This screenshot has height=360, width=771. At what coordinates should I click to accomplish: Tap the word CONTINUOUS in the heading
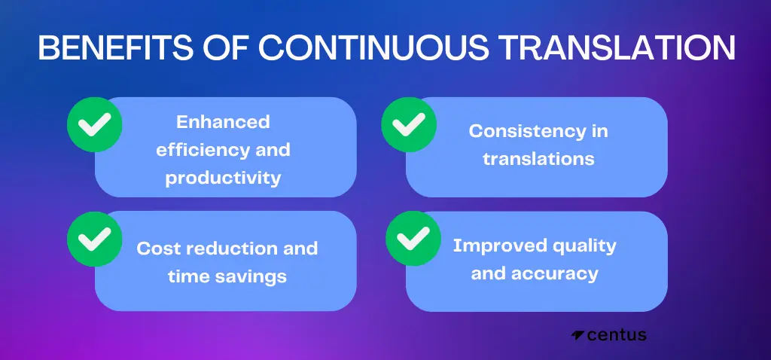point(374,47)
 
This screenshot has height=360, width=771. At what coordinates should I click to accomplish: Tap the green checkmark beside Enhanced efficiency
point(94,124)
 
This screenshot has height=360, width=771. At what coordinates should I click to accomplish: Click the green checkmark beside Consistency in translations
point(409,124)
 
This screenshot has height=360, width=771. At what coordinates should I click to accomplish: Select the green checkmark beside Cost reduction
point(94,239)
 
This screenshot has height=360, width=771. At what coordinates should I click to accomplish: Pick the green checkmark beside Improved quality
point(413,239)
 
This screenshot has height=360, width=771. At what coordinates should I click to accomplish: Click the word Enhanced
point(223,122)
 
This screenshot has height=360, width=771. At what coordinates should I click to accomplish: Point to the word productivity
point(223,178)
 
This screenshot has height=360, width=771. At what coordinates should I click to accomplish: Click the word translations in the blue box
point(538,159)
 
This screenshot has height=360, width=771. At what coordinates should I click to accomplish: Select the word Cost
point(156,249)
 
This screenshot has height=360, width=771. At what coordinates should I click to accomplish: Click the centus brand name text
point(617,335)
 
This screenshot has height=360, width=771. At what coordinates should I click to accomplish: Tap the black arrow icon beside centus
point(577,335)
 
